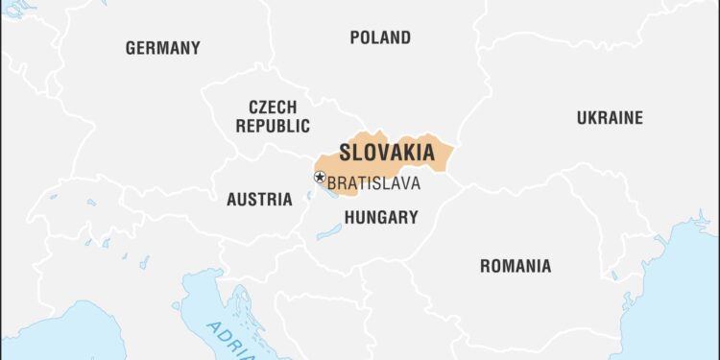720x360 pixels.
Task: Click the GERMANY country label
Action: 162,48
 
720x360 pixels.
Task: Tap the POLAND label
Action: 379,38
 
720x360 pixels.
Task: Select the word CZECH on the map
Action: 273,107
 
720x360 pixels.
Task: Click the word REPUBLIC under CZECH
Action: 273,126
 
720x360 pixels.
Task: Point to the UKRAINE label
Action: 610,118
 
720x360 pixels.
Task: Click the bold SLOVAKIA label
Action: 387,153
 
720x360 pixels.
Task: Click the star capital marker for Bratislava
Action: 320,177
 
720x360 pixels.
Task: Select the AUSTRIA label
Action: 259,200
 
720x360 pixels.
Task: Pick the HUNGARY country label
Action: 381,218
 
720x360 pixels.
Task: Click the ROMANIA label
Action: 516,266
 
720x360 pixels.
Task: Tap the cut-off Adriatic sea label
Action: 227,342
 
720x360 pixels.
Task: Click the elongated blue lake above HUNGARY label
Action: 329,231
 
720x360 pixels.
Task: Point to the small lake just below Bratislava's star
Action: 309,197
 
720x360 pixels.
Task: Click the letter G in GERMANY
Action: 131,48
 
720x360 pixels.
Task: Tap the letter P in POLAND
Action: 354,38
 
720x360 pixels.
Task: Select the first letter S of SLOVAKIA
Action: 345,153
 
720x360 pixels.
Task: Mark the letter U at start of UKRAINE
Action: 582,118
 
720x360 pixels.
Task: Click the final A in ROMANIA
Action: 545,266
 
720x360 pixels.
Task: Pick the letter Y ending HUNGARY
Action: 413,218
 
